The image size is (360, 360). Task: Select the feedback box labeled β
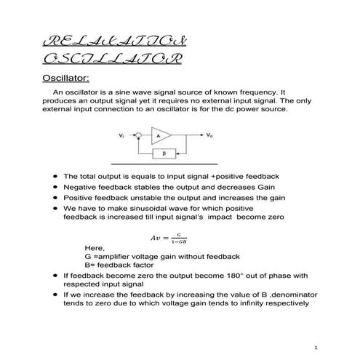pos(164,154)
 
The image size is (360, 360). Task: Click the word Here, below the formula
pos(95,248)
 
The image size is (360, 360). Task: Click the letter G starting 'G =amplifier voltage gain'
pos(87,257)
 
